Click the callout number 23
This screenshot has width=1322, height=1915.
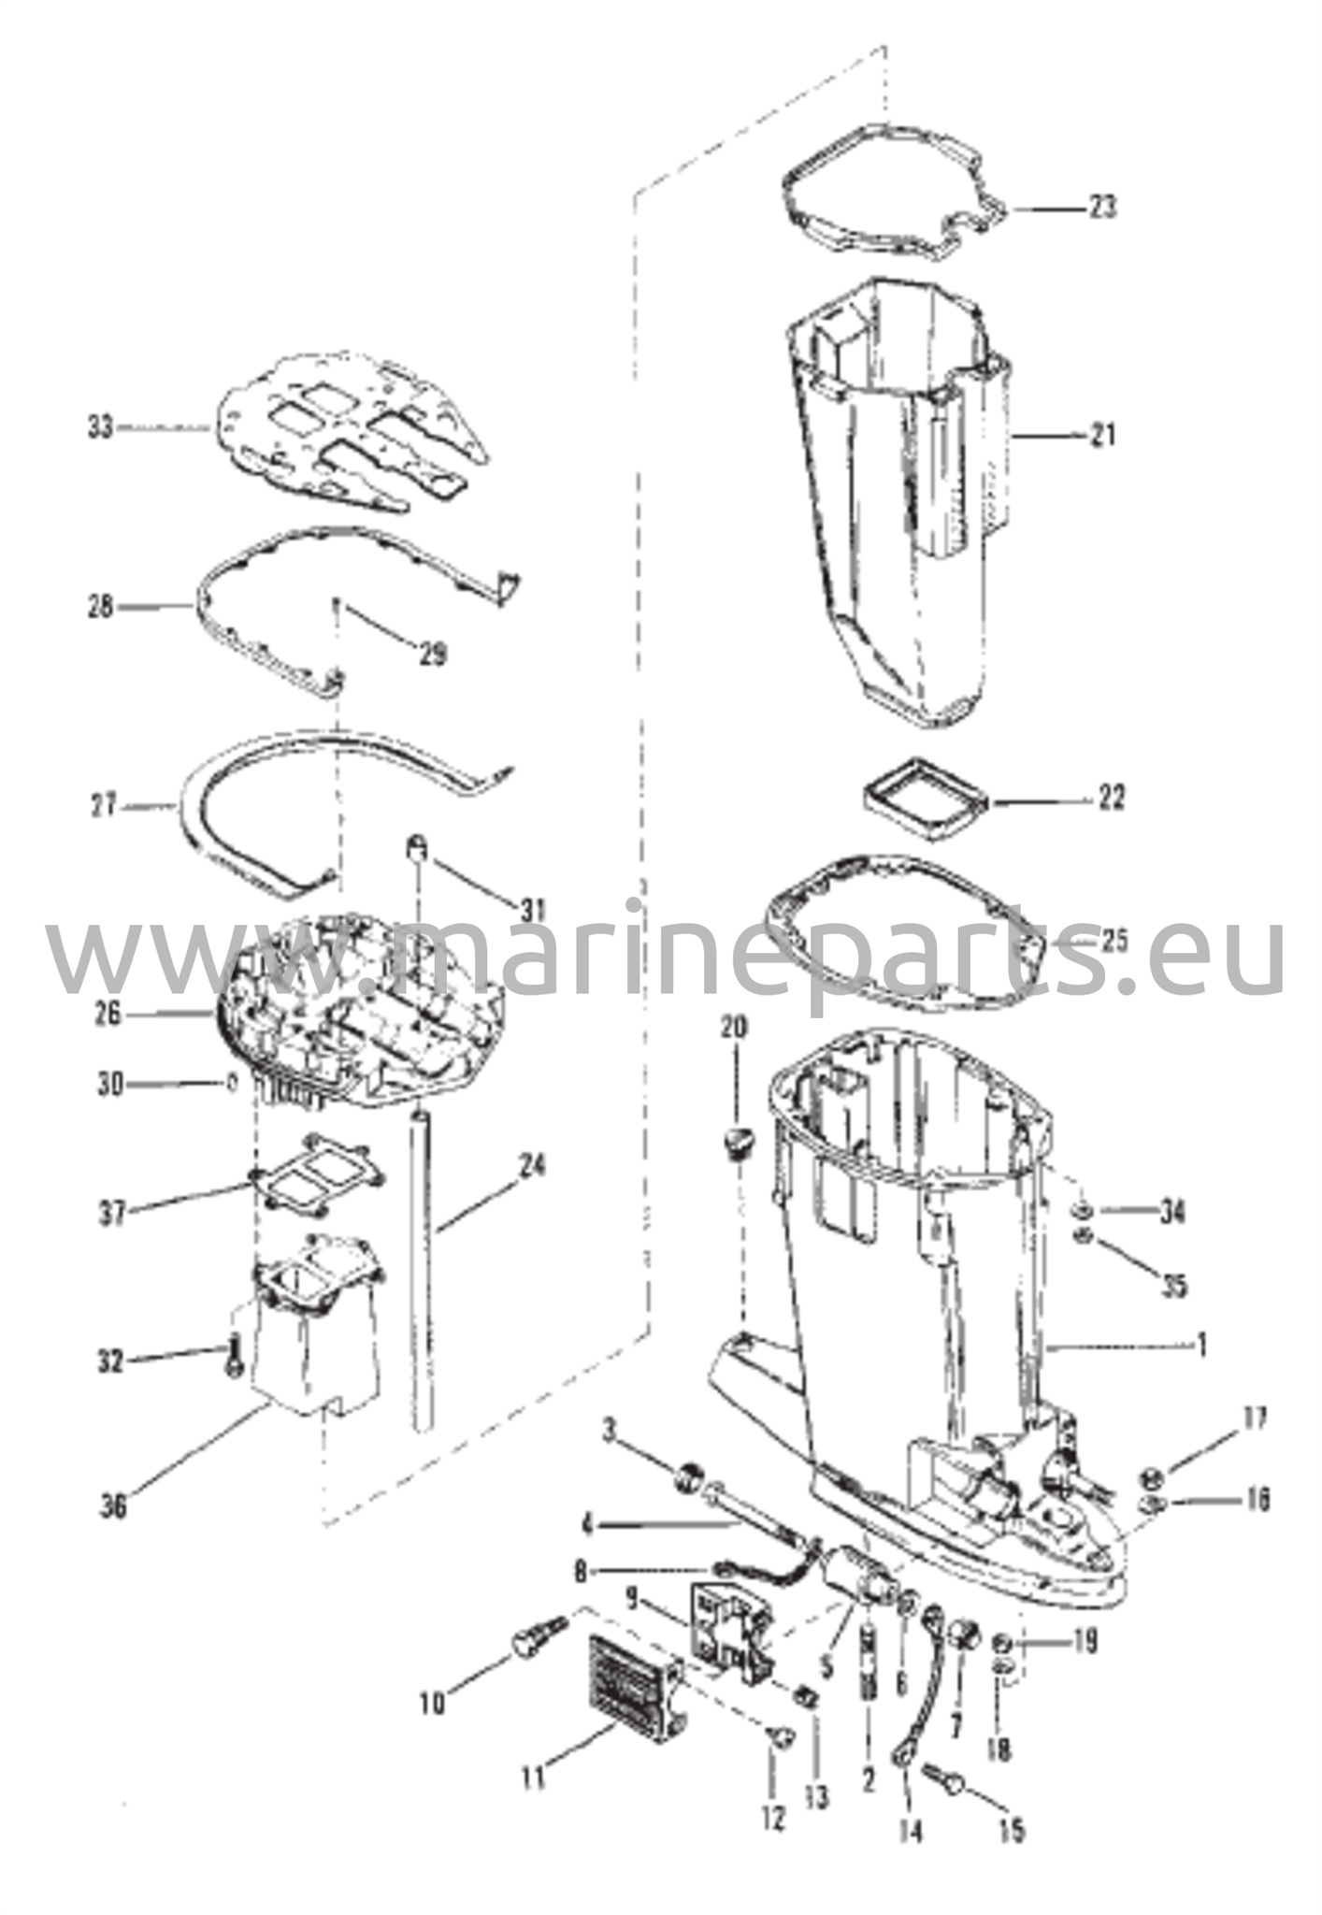pos(1102,205)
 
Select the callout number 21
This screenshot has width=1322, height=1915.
pos(1102,435)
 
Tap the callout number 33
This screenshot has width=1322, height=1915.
pos(100,427)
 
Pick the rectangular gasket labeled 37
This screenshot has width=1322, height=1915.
pos(317,1180)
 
